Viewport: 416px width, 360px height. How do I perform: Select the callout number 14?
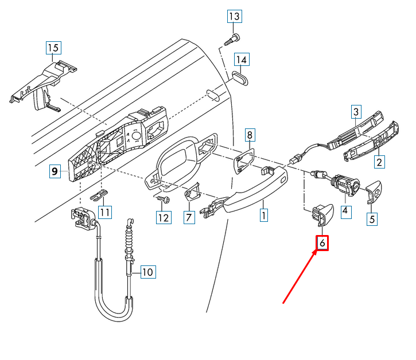[241, 60]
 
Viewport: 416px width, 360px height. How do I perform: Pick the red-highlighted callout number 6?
[322, 243]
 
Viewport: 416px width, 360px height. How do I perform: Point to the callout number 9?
[55, 170]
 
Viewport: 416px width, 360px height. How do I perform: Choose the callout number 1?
[263, 216]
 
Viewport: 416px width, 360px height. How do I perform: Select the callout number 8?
[250, 135]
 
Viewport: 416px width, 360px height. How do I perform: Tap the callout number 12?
[164, 217]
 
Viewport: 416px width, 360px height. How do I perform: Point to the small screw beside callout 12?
[164, 199]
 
